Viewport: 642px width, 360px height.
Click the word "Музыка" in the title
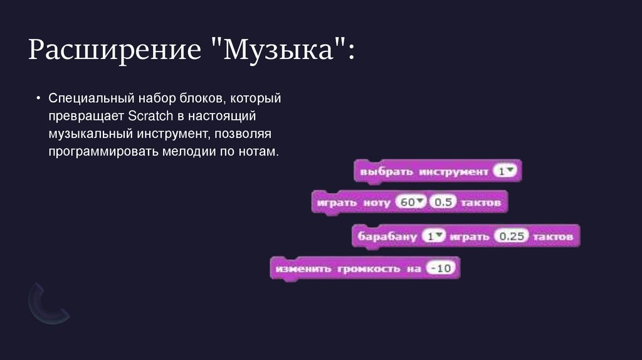pos(282,50)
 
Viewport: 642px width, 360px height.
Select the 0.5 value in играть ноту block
pos(443,203)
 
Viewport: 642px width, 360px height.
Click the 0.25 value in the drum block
pos(512,237)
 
